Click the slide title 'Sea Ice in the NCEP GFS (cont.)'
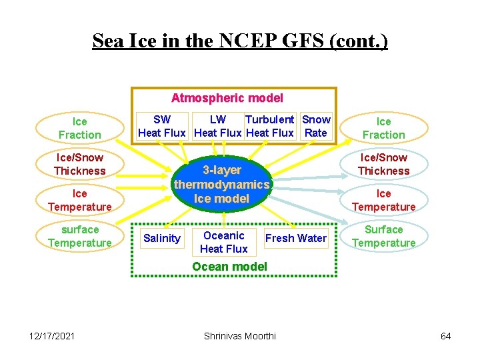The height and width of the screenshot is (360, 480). click(x=240, y=41)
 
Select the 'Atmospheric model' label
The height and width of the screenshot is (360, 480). click(x=227, y=98)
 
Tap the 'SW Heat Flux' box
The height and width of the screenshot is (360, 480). click(x=162, y=126)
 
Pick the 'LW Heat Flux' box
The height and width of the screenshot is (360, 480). click(x=218, y=126)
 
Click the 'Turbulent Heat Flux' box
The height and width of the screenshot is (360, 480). click(x=270, y=126)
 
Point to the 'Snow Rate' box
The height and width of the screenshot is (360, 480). click(x=316, y=126)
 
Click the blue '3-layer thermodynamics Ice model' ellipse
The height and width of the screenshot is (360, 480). click(x=222, y=184)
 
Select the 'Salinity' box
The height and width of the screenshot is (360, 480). click(x=162, y=238)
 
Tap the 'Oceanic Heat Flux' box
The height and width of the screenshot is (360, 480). click(x=224, y=242)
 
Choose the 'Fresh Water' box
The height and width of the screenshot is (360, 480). click(x=296, y=238)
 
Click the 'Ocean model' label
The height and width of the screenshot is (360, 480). click(x=229, y=267)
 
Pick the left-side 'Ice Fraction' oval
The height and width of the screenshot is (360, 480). click(x=80, y=128)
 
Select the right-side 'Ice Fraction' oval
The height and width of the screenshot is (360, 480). click(x=384, y=128)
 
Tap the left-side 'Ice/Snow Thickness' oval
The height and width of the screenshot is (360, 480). click(x=80, y=164)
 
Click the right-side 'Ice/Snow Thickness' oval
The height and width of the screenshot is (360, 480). click(x=384, y=164)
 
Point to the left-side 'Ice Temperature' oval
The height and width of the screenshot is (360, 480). click(x=80, y=200)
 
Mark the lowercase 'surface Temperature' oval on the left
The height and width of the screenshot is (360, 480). click(x=80, y=236)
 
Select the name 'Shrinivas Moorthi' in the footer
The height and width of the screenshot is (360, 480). click(x=239, y=336)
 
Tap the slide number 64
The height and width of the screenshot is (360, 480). click(x=446, y=336)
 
